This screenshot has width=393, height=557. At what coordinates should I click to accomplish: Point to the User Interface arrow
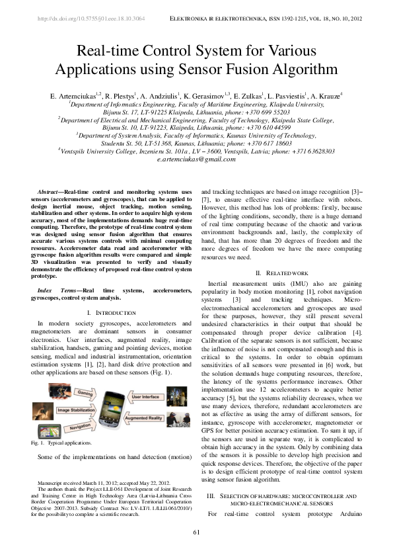tap(147, 397)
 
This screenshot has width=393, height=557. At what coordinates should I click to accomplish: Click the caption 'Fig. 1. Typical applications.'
tap(65, 443)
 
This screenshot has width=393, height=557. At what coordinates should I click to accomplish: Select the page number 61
tap(196, 533)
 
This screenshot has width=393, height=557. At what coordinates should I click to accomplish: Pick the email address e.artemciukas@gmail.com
tap(196, 159)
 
